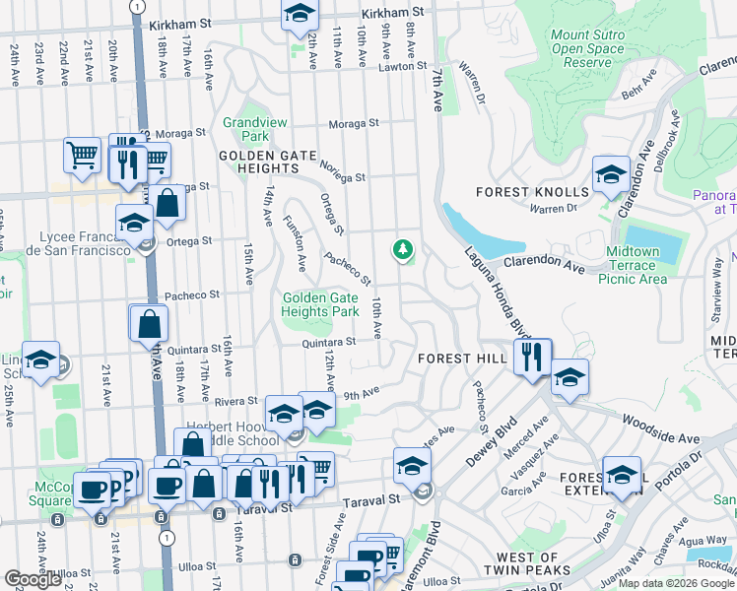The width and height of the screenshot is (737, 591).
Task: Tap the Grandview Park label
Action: [x=246, y=129]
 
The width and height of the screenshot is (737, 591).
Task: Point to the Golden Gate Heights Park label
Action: [x=320, y=303]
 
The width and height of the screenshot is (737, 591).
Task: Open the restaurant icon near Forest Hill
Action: [x=532, y=357]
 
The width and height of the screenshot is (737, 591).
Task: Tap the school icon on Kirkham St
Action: [x=300, y=15]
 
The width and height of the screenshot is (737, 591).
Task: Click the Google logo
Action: [x=33, y=579]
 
